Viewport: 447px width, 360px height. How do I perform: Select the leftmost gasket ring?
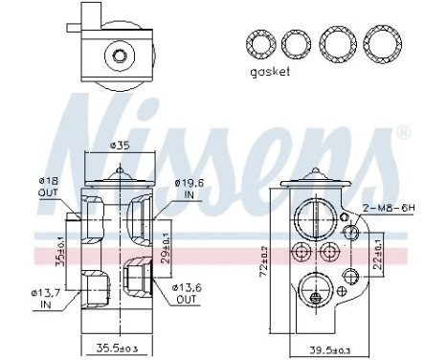click(x=259, y=44)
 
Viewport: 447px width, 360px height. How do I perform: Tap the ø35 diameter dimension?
click(x=120, y=146)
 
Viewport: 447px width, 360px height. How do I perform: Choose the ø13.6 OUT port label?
click(x=188, y=291)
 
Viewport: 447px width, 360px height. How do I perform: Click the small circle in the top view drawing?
click(x=121, y=56)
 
